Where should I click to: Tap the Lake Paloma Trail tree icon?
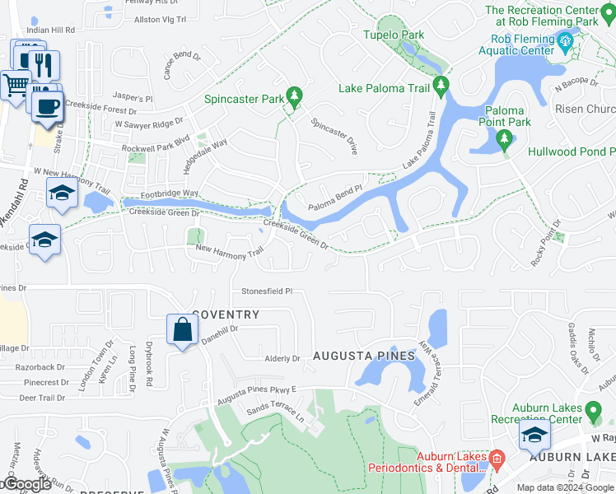441,85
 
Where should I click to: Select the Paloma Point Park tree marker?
505,142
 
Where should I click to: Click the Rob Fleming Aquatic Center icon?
565,40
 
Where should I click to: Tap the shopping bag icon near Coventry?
180,330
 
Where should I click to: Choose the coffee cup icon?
49,105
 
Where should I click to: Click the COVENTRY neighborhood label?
226,315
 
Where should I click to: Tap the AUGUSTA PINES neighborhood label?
363,357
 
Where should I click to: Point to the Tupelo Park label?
393,35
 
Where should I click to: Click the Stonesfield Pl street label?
267,291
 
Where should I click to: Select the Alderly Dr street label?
282,359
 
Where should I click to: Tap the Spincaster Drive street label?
334,136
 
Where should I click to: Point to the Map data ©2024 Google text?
565,487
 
